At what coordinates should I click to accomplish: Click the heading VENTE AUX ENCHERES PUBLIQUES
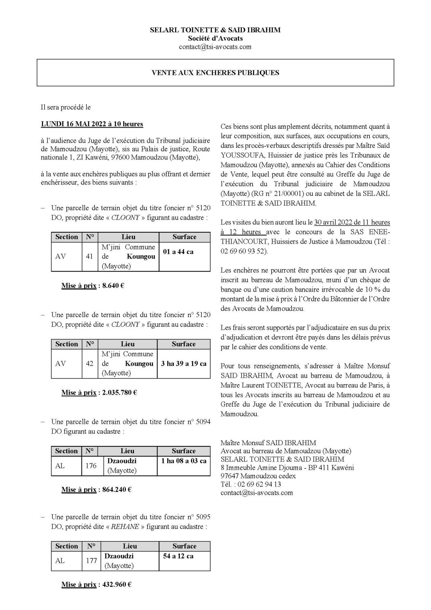[215, 73]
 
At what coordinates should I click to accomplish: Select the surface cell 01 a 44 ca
[178, 252]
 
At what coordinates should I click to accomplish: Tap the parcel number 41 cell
[90, 256]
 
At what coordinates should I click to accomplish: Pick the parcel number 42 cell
[90, 363]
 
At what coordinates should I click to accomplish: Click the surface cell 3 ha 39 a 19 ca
[184, 363]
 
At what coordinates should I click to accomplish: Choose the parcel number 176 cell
[91, 465]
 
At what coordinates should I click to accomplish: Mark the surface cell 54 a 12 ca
[178, 556]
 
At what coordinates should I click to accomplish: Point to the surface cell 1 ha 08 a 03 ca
[184, 461]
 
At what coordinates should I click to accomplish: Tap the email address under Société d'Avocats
[215, 47]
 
